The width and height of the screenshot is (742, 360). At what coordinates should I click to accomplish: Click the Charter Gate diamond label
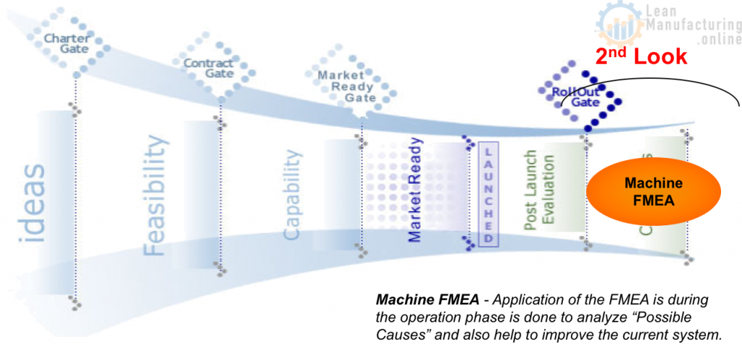[x=67, y=43]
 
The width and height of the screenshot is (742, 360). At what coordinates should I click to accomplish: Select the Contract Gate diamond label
[x=208, y=68]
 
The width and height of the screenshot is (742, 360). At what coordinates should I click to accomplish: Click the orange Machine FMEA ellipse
[x=654, y=192]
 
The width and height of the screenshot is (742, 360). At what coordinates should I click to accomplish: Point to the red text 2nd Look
[x=641, y=56]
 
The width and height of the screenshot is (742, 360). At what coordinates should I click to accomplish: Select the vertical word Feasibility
[x=156, y=196]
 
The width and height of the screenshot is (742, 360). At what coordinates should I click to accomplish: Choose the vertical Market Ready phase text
[x=415, y=190]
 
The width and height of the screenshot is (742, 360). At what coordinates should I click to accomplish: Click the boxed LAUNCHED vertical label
[x=488, y=193]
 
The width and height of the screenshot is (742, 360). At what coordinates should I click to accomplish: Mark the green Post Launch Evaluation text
[x=539, y=191]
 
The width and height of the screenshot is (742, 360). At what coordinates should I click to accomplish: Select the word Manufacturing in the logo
[x=691, y=25]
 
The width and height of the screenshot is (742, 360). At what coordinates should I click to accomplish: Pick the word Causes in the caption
[x=400, y=335]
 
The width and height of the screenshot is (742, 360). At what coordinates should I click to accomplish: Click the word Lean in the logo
[x=659, y=11]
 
